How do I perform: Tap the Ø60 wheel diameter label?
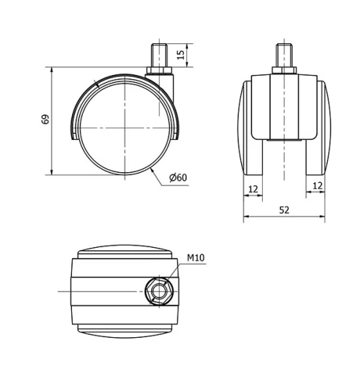pos(178,178)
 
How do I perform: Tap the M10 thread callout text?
pos(197,257)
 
